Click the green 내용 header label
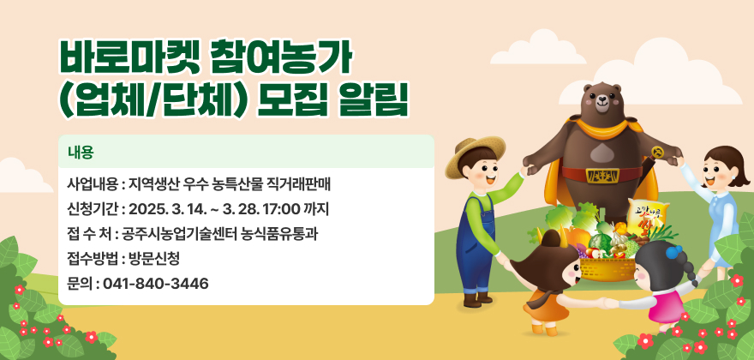(81, 153)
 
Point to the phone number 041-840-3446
(156, 284)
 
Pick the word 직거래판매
(305, 185)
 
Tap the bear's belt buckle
(601, 175)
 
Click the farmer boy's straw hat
(474, 154)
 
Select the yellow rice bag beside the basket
(647, 218)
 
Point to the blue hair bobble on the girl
(673, 252)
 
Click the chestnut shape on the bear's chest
(601, 153)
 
